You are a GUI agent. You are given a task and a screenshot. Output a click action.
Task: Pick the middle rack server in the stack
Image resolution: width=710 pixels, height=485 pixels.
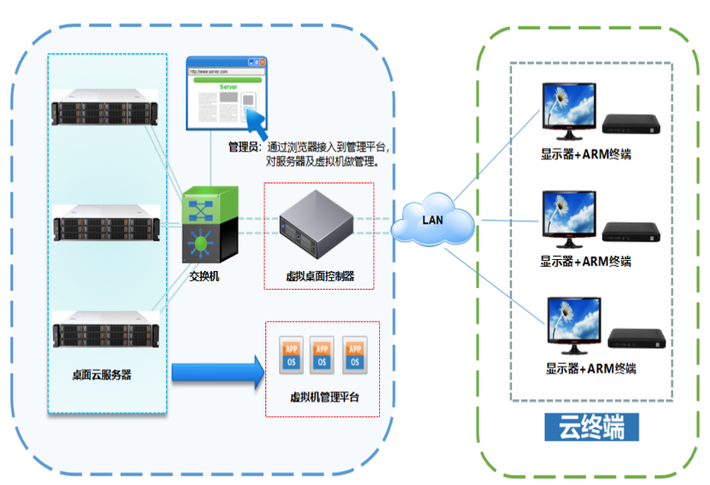(105, 224)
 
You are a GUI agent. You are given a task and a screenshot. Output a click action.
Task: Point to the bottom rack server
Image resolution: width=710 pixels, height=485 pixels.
(105, 329)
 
